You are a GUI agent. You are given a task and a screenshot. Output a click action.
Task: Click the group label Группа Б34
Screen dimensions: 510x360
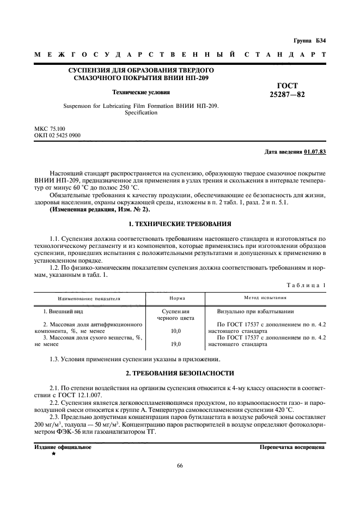click(309, 41)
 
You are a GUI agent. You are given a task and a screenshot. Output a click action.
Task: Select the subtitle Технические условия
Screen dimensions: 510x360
click(141, 92)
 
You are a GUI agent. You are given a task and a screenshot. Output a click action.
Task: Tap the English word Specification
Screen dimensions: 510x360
click(141, 113)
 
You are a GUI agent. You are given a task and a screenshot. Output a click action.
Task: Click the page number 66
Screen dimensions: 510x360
click(180, 466)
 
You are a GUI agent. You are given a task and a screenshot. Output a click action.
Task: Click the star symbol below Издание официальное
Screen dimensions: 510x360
click(53, 453)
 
